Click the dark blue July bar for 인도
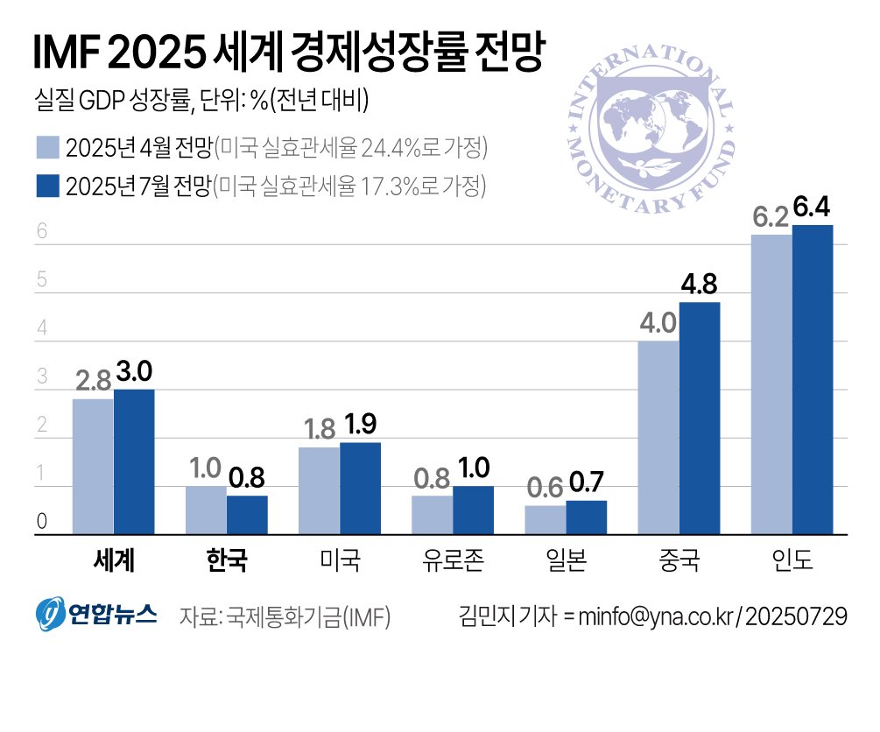tap(812, 379)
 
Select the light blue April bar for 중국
tap(658, 437)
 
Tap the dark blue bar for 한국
tap(247, 515)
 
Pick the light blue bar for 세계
tap(93, 466)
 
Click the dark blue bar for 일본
tap(586, 517)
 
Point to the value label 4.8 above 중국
tap(700, 285)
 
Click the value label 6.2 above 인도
tap(771, 217)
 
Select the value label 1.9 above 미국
tap(361, 425)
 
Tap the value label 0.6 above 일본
tap(545, 488)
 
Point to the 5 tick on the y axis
tap(40, 281)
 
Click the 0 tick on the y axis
tap(40, 523)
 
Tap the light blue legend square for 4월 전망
tap(46, 148)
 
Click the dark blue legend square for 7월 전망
tap(46, 187)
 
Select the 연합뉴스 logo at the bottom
tap(96, 614)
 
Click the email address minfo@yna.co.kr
tap(658, 616)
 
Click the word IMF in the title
tap(67, 54)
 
